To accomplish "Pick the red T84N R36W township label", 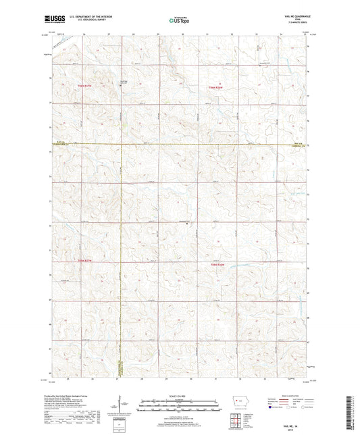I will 216,88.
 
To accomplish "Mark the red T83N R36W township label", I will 216,263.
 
